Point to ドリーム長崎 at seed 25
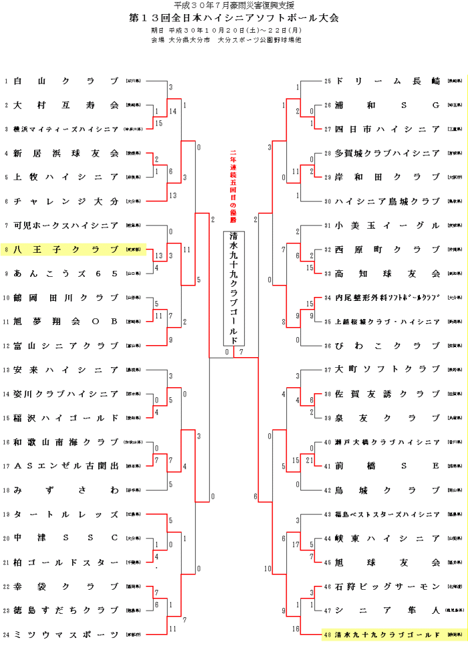[387, 81]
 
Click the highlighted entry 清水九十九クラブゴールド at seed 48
[387, 633]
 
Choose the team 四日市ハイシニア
[387, 129]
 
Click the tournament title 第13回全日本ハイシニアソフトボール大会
[234, 17]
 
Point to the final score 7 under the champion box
[241, 352]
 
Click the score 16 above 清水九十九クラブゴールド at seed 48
[296, 629]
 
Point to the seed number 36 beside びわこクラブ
[328, 345]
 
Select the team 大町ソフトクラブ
[387, 369]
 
